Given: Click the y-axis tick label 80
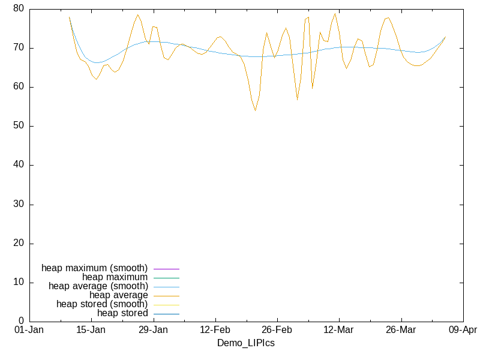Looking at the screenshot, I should (19, 9).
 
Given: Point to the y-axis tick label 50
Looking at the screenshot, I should (19, 126).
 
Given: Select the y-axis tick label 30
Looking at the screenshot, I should (19, 205).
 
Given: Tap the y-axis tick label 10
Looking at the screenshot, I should (19, 283).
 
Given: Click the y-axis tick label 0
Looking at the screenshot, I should (21, 322).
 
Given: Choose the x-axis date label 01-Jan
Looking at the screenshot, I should (28, 330).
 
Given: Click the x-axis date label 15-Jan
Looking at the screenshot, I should (91, 330).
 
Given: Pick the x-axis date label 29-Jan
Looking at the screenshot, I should (153, 330).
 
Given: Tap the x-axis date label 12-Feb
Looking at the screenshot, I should (215, 330).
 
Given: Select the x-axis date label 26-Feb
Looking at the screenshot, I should (277, 330).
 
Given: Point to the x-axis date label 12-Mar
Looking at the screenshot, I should (338, 330).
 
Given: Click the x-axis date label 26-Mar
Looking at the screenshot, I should (400, 330).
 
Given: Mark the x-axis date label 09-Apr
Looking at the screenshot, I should (463, 330).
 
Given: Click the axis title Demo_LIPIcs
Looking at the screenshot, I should (245, 343).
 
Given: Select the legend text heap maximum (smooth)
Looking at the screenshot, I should (94, 268).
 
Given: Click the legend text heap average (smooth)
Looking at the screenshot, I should (98, 286).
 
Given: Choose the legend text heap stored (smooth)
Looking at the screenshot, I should (102, 304).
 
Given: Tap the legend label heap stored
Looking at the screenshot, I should (122, 313).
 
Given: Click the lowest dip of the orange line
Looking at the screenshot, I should (255, 110).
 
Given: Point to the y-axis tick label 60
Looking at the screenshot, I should (19, 87).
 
